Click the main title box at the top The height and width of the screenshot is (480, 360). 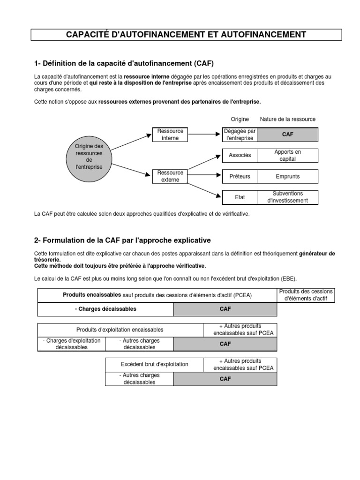[x=186, y=35]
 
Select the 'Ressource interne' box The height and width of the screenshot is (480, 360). [x=170, y=135]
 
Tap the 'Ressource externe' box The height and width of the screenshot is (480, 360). [x=170, y=176]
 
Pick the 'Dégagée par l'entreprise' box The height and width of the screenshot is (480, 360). [x=240, y=135]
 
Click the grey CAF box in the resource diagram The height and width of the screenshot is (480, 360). [x=288, y=135]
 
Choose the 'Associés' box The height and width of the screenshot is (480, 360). [x=240, y=156]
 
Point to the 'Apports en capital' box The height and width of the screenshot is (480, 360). [x=288, y=156]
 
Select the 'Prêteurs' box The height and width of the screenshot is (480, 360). [x=240, y=176]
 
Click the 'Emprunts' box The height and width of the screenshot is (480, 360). [x=288, y=176]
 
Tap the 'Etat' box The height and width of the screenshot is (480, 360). [x=240, y=197]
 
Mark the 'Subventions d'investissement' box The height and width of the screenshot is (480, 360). [x=288, y=197]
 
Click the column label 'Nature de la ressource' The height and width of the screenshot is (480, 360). [x=288, y=120]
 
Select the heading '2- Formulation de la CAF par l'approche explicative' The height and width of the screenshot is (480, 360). [x=122, y=240]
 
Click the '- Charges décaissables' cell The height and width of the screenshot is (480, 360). [x=105, y=309]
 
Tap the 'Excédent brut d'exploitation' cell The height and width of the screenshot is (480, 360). [x=154, y=364]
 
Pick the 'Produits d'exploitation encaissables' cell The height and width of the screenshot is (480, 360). [x=120, y=330]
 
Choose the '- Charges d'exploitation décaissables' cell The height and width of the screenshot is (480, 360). [x=71, y=344]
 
